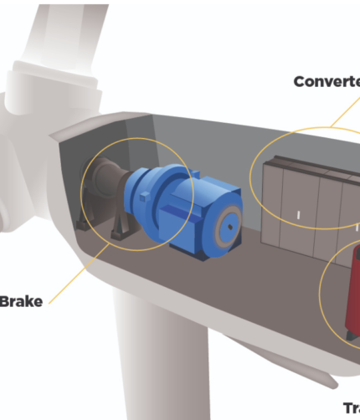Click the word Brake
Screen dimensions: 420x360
pos(20,300)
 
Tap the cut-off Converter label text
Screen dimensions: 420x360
pos(327,82)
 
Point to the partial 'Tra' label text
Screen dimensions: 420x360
pos(351,408)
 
